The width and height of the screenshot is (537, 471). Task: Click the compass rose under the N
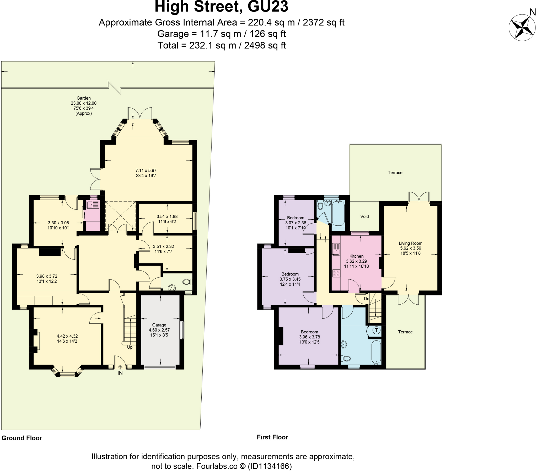coord(522,28)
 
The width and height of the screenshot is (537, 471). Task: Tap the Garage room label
coord(159,325)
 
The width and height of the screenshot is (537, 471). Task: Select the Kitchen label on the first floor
coord(356,256)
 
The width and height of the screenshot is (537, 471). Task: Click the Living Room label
coord(410,243)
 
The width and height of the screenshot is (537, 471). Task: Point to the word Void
coord(364,216)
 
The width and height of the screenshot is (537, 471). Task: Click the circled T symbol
coord(376,330)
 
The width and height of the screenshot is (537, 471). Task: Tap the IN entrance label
coord(120,373)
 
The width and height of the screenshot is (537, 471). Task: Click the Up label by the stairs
coord(130,347)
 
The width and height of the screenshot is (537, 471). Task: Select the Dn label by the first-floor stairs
coord(367,299)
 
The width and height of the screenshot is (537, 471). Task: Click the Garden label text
coord(84,98)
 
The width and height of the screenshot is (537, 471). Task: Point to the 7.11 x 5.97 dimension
coord(146,170)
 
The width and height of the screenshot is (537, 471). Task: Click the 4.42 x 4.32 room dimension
coord(67,336)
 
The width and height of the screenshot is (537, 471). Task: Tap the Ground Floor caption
coord(22,438)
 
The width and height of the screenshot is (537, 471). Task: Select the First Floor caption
coord(272,437)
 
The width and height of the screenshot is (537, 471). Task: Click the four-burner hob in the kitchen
coord(336,273)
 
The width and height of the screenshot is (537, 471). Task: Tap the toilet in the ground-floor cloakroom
coord(187,282)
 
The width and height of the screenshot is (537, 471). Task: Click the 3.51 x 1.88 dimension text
coord(167,216)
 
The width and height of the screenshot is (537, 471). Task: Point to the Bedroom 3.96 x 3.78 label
coord(309,332)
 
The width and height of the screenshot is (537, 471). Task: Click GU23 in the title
coord(268,7)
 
